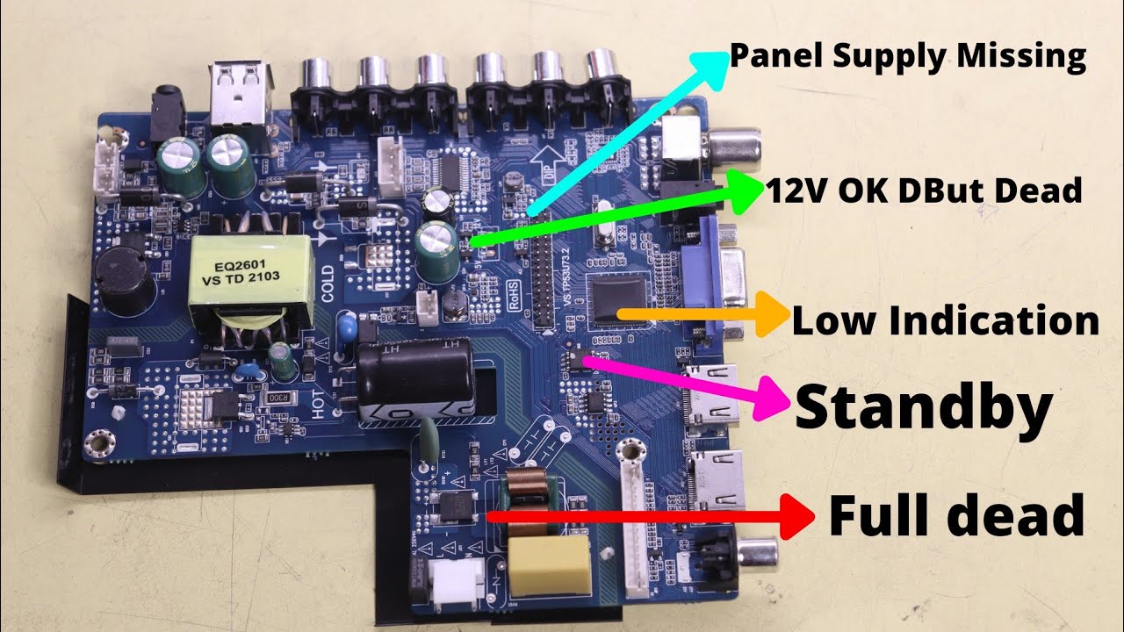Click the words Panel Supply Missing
908,56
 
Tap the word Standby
923,407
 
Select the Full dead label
956,515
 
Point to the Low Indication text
945,321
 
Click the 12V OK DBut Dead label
923,190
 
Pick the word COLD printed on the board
328,284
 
